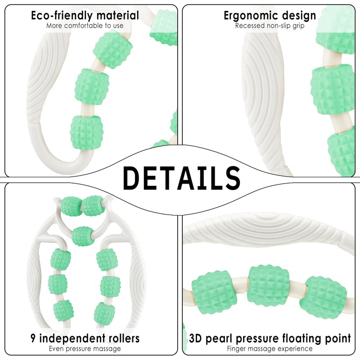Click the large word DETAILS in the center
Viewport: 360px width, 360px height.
click(182, 178)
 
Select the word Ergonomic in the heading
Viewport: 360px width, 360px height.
click(251, 16)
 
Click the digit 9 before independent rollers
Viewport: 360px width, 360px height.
click(33, 338)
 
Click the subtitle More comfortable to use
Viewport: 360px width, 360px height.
click(85, 26)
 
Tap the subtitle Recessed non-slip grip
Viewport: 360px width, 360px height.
click(270, 26)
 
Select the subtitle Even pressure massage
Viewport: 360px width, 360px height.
click(85, 349)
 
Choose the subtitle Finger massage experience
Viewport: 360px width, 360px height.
click(270, 349)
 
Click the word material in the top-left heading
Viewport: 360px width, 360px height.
click(118, 16)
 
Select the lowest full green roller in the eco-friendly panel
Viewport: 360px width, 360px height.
click(87, 132)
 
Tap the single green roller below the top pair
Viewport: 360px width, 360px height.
click(83, 237)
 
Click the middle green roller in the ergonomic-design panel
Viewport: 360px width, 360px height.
click(332, 89)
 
